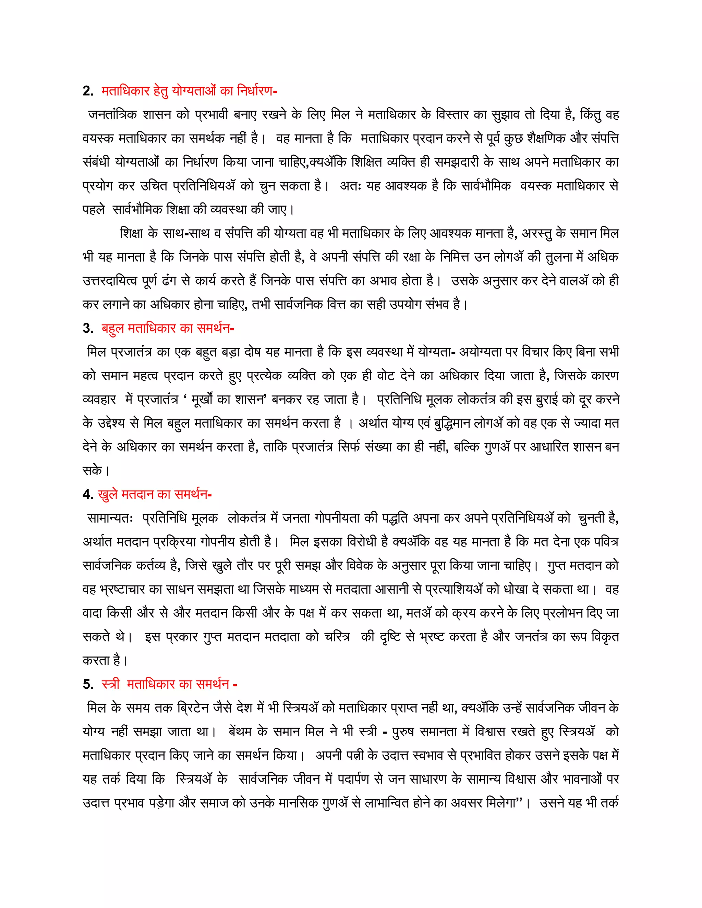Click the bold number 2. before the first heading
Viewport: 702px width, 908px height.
(x=88, y=91)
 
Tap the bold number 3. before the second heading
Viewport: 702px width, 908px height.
(x=88, y=329)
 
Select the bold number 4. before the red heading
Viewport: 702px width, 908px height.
(x=88, y=494)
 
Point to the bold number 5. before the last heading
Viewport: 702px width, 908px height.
(x=88, y=684)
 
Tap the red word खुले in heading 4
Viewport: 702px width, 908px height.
(x=108, y=494)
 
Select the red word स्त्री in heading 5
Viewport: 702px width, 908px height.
(x=110, y=684)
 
